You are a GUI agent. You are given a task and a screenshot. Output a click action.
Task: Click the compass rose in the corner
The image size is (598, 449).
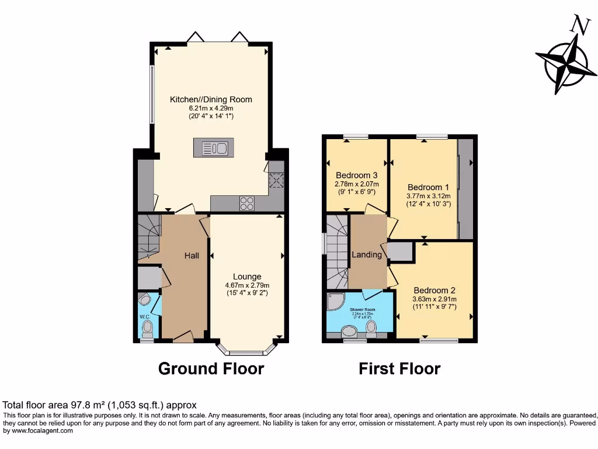(x=565, y=62)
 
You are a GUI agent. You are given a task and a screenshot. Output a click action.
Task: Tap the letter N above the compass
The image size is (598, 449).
(x=579, y=25)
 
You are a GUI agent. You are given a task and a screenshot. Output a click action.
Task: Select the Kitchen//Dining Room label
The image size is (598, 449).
(x=211, y=99)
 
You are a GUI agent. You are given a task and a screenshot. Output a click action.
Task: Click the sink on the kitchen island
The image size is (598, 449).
(x=213, y=148)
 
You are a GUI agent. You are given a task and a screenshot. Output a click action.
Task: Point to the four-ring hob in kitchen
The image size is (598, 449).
(x=247, y=203)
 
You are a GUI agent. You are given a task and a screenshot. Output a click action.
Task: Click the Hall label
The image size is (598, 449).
(x=192, y=255)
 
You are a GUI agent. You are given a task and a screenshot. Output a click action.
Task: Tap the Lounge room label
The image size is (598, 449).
(x=246, y=277)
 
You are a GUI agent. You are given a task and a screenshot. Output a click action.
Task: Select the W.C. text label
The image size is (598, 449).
(x=145, y=317)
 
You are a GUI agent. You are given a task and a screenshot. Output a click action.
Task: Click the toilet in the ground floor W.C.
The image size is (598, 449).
(x=148, y=325)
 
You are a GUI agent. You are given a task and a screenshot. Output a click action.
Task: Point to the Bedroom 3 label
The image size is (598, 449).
(x=356, y=175)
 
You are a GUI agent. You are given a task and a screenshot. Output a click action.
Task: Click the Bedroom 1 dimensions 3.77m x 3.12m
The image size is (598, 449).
(x=429, y=196)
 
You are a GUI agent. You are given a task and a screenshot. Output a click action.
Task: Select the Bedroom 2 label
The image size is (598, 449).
(x=434, y=290)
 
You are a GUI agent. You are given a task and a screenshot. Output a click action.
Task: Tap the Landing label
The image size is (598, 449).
(x=367, y=254)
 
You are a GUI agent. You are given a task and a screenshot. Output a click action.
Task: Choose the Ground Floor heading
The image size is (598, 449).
(x=211, y=369)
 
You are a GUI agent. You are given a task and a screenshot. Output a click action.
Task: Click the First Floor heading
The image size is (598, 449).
(x=399, y=369)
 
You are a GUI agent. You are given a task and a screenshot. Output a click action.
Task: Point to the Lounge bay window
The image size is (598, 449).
(x=246, y=350)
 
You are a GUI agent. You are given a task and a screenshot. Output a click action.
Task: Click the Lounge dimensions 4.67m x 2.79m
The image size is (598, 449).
(x=246, y=285)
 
